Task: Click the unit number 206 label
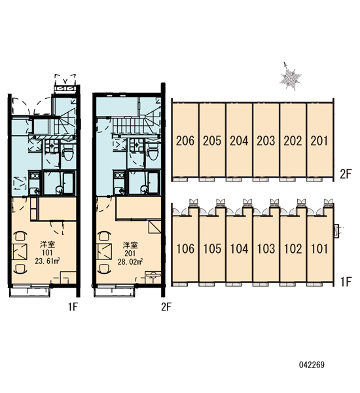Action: click(185, 141)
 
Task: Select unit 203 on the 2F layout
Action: click(266, 141)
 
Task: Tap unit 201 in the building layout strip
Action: click(319, 141)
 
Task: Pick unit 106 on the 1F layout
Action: click(185, 249)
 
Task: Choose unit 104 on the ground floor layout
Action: click(239, 249)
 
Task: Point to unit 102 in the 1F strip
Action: click(293, 249)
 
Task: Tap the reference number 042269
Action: click(312, 365)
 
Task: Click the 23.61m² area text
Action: click(47, 261)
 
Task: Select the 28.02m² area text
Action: click(130, 261)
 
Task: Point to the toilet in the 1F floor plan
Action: click(67, 153)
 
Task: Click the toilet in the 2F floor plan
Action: click(153, 153)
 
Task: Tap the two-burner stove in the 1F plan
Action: click(34, 175)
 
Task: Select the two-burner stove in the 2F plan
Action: click(119, 175)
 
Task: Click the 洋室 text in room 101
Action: click(48, 244)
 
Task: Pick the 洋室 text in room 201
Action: click(130, 244)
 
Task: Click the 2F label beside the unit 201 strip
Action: click(346, 174)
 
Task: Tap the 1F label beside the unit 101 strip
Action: click(346, 282)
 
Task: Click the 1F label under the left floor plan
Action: click(73, 307)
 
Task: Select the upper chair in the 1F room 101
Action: click(21, 236)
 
